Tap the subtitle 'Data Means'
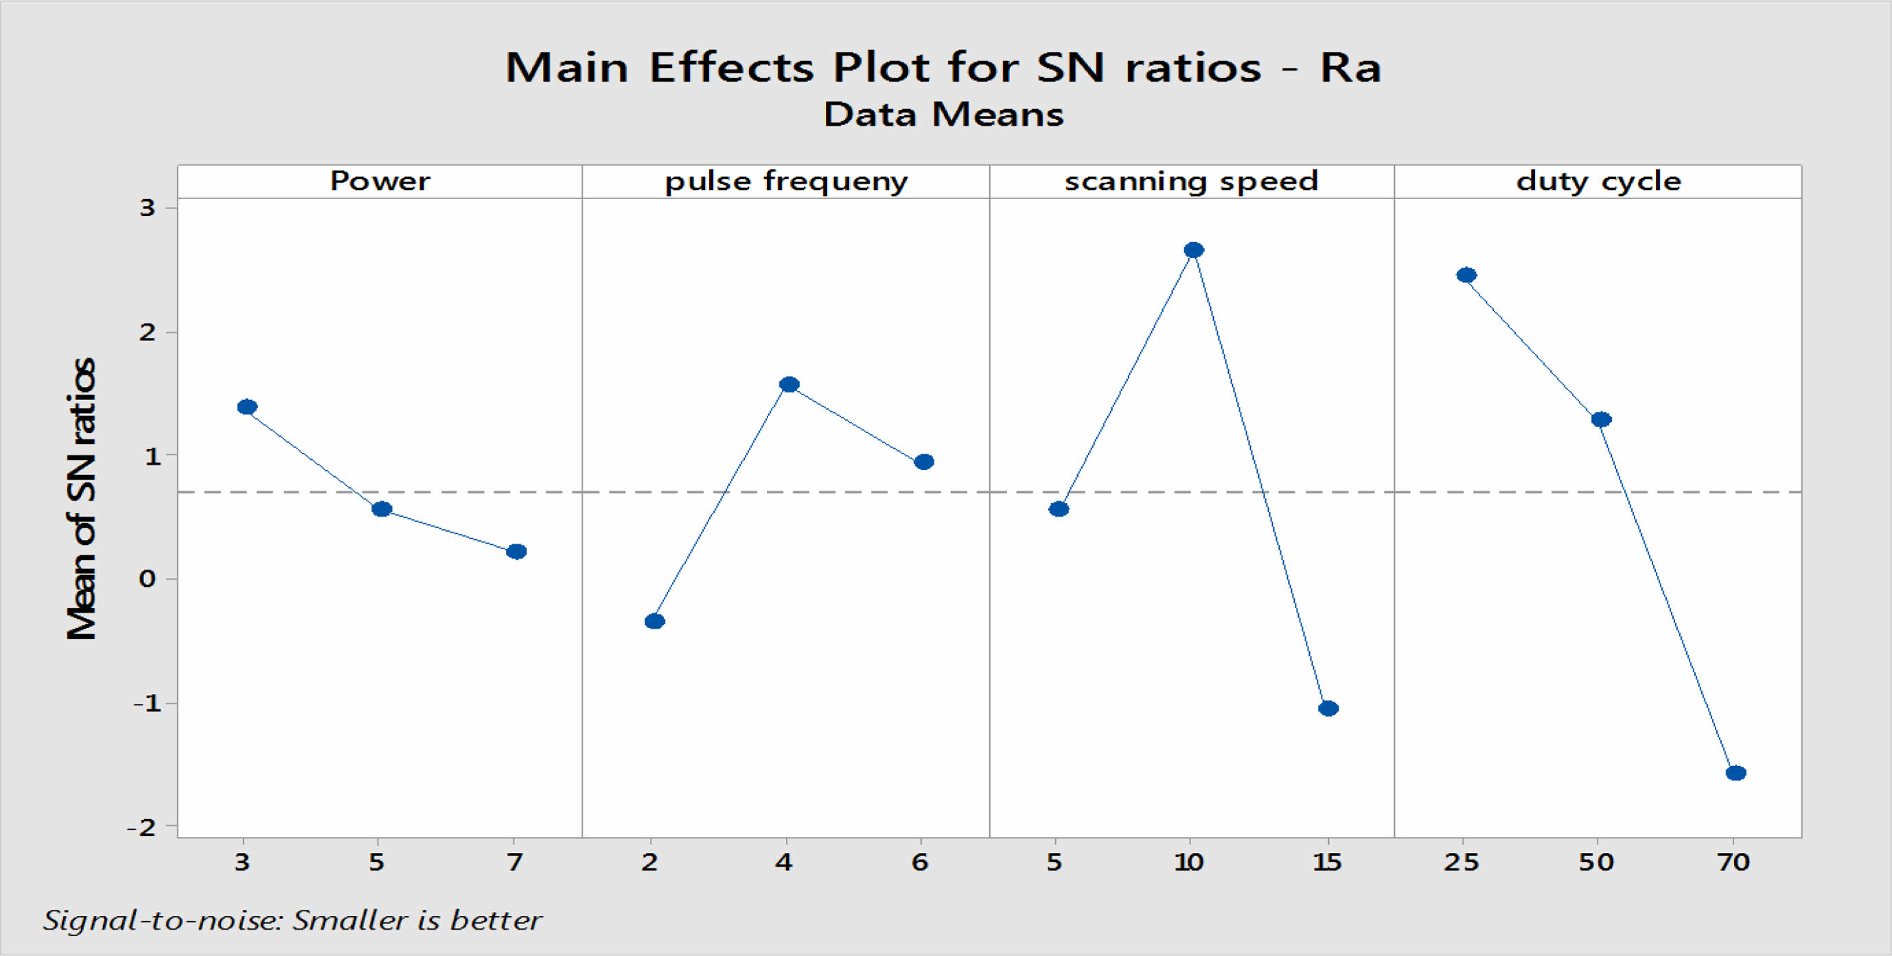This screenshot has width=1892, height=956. click(943, 115)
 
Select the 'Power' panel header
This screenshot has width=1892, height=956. click(380, 181)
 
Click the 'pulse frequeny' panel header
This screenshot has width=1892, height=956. click(786, 181)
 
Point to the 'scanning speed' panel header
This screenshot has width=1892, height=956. click(1191, 181)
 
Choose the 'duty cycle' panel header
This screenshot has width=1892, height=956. click(1598, 181)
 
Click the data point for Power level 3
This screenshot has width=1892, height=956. click(246, 407)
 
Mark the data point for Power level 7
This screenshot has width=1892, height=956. click(516, 551)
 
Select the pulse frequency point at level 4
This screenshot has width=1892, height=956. click(789, 384)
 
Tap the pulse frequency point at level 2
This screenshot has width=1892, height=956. click(654, 621)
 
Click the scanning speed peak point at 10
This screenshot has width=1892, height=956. click(1194, 250)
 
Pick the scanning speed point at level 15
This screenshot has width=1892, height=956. click(1328, 708)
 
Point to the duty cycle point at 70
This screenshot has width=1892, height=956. click(1735, 773)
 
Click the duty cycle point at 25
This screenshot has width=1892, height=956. click(1466, 275)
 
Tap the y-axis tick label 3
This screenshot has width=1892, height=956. click(148, 208)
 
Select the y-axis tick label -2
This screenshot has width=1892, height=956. click(141, 828)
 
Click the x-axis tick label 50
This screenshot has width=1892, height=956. click(1596, 862)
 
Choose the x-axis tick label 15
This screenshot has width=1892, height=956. click(1326, 862)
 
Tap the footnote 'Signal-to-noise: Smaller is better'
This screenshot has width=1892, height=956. click(292, 920)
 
